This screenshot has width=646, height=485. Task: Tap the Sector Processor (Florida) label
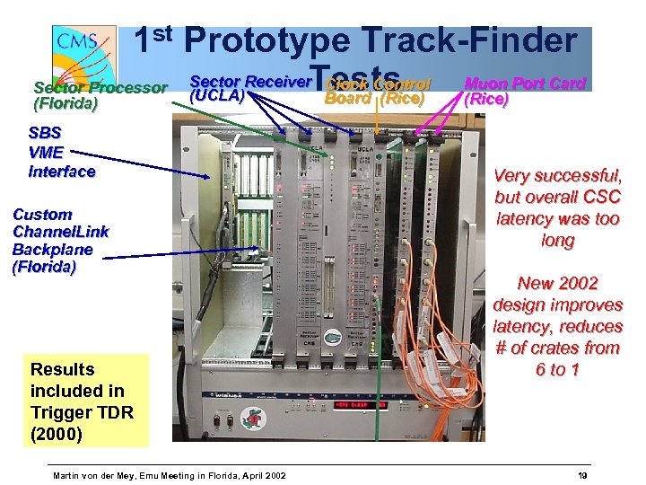(x=100, y=95)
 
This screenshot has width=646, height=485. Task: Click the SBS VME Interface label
(x=61, y=151)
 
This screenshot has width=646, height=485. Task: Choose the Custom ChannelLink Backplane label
(x=60, y=240)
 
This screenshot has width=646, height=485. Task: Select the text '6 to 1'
(x=557, y=369)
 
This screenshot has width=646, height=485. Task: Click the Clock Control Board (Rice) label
(x=377, y=91)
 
